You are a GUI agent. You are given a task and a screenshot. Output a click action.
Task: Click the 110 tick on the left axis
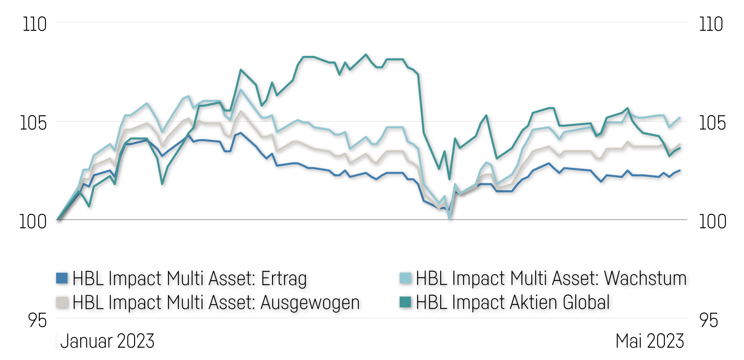pos(34,24)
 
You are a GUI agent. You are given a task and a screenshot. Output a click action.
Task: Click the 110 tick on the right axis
pos(711,24)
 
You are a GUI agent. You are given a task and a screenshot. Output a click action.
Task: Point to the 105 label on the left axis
pos(33,123)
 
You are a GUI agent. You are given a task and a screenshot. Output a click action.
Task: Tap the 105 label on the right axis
pos(712,123)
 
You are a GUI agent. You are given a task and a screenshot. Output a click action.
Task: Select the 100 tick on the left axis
pos(33,222)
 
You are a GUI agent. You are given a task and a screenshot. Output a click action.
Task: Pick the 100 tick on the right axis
pos(712,222)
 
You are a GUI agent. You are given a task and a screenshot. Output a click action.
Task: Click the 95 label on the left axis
pos(37,320)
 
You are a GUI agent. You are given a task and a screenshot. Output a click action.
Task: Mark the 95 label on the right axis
pos(708,320)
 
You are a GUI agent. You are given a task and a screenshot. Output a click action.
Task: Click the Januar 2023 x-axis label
pos(107,341)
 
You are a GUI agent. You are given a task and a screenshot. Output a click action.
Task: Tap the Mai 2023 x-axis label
pos(650,341)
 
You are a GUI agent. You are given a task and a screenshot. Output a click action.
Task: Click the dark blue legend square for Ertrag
pos(62,278)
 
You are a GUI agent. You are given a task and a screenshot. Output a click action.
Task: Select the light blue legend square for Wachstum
pos(405,278)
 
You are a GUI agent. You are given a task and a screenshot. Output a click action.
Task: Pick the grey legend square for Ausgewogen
pos(62,302)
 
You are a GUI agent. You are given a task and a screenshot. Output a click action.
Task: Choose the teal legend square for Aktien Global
pos(405,302)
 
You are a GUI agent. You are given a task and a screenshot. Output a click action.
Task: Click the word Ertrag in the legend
pos(284,279)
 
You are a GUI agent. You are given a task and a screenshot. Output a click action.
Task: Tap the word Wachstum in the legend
pos(645,278)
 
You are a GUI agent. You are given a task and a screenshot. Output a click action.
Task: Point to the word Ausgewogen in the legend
pos(310,303)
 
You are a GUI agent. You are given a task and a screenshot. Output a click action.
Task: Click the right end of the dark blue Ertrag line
pos(680,171)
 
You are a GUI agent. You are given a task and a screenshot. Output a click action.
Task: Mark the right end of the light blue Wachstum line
pos(680,118)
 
